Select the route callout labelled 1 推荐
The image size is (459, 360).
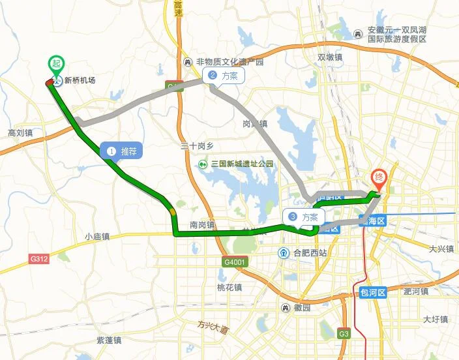[121, 151]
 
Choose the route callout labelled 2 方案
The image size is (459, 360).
[224, 76]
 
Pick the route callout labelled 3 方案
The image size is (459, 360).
[304, 217]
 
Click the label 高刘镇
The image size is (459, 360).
[20, 132]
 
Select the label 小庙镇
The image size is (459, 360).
[98, 237]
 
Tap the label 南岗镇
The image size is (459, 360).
[202, 225]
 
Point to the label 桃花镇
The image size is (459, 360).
[229, 287]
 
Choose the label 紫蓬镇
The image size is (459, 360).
[108, 340]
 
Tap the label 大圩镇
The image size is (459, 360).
[436, 320]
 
